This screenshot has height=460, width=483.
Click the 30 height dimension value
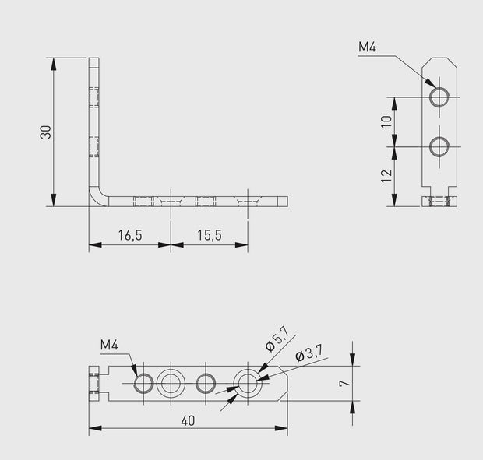(x=46, y=132)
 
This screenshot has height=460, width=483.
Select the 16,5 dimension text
(x=129, y=234)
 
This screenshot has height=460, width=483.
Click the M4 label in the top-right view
(x=368, y=47)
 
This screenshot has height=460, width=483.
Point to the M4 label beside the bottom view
(x=110, y=346)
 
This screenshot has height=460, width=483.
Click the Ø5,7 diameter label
(x=277, y=339)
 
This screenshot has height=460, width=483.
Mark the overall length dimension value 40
(x=187, y=420)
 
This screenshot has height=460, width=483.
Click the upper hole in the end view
(x=439, y=97)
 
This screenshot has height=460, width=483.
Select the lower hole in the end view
(x=439, y=146)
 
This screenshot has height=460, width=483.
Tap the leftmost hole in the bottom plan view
(x=144, y=382)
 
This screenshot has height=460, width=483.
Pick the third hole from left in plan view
(x=206, y=382)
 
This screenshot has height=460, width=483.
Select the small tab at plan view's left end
(x=94, y=382)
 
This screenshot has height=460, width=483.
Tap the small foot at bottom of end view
(x=439, y=202)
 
